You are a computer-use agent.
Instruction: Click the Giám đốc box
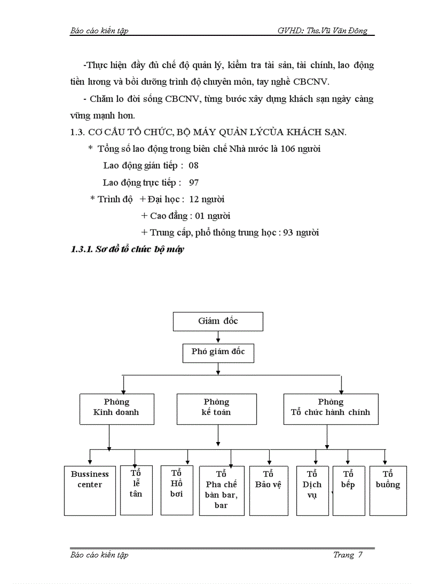click(218, 321)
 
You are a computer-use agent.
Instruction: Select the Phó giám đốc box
click(218, 352)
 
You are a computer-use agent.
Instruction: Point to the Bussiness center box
click(90, 490)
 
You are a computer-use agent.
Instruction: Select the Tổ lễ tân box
click(136, 490)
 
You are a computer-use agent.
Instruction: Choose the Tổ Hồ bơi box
click(177, 490)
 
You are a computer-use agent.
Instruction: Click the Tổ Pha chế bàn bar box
click(221, 490)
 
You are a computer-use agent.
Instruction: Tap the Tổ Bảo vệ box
click(268, 490)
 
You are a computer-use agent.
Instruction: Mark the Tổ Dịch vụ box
click(312, 490)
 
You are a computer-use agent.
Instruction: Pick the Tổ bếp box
click(348, 490)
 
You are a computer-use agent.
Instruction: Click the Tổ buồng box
click(388, 490)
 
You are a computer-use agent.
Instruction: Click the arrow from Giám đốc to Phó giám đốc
click(218, 337)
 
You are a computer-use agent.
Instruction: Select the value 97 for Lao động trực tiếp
click(194, 183)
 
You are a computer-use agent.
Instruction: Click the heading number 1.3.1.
click(81, 250)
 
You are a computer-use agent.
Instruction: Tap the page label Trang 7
click(347, 555)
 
